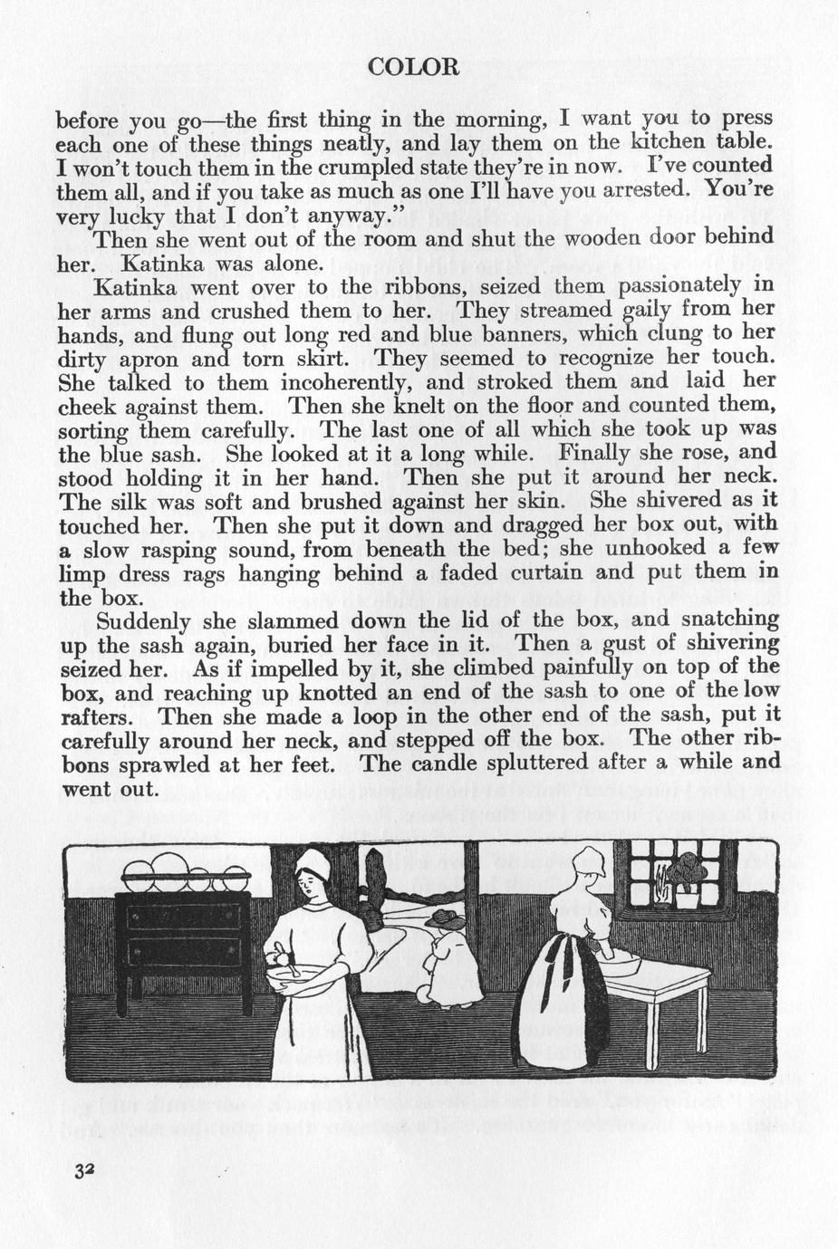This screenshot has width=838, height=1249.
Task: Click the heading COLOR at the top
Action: pyautogui.click(x=414, y=67)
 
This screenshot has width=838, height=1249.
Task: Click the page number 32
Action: pyautogui.click(x=86, y=1169)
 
